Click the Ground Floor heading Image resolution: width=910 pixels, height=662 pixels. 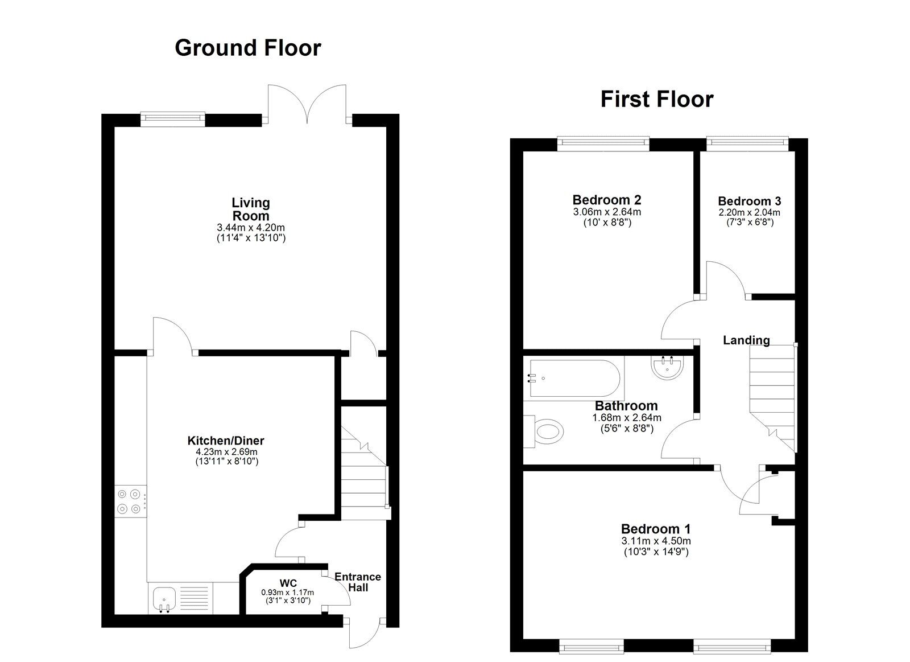tap(248, 48)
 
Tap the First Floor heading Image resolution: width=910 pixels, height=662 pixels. tap(657, 100)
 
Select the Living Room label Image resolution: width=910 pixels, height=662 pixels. tap(251, 209)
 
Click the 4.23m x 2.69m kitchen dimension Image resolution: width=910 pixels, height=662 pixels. tap(226, 452)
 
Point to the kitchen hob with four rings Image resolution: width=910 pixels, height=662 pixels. tap(130, 501)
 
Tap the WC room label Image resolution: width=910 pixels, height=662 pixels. tap(288, 583)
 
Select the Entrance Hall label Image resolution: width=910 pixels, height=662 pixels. tap(358, 582)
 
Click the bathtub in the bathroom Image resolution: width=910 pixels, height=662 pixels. tap(574, 378)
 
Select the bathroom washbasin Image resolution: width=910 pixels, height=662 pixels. tap(668, 367)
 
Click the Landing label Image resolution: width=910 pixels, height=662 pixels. tap(746, 340)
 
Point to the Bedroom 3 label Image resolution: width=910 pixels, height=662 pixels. tap(750, 201)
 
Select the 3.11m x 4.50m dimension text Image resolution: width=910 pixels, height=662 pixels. tap(656, 541)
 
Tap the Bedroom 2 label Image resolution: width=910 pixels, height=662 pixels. tap(607, 200)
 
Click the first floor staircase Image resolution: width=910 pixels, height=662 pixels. tap(772, 398)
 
